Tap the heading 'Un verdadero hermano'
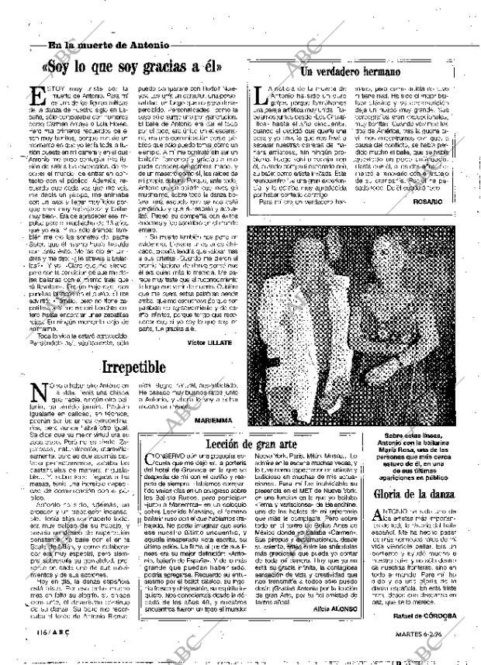(350, 72)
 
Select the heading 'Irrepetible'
(144, 367)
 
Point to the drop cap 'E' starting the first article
(37, 98)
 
